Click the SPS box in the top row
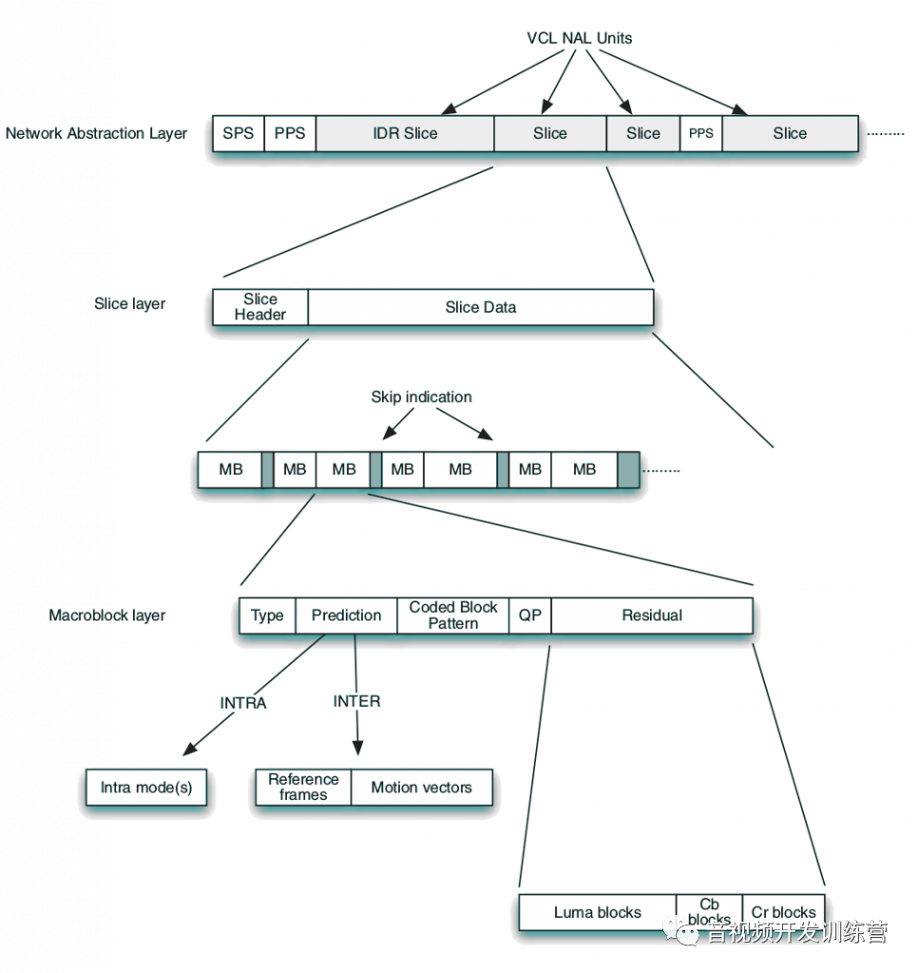238,133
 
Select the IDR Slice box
405,133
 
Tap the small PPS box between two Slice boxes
700,133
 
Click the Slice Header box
260,307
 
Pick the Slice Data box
481,307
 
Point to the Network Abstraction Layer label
96,133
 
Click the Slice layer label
130,304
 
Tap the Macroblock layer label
107,615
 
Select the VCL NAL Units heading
580,38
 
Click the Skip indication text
421,396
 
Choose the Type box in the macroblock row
267,615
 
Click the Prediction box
347,615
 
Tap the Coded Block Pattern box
453,615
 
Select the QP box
530,615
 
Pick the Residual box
652,615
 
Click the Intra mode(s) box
146,787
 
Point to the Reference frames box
303,787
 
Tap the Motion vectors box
421,787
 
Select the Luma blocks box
598,912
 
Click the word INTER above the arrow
356,700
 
